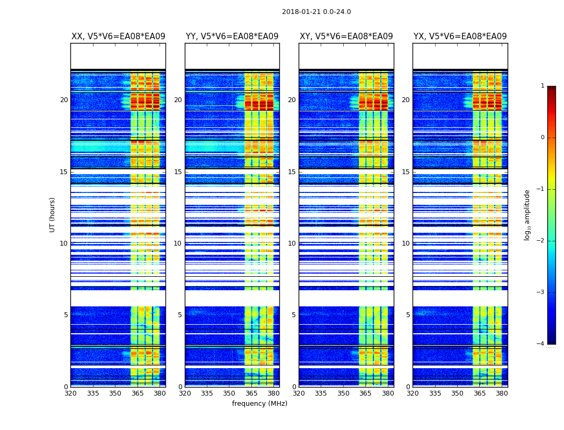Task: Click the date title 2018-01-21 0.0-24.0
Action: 316,12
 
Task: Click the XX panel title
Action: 118,37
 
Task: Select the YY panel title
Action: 232,37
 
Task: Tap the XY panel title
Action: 346,37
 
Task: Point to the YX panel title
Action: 460,37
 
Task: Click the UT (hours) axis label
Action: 53,214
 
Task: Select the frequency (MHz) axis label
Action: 259,404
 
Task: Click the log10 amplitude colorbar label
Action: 527,214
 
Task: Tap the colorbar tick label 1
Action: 542,86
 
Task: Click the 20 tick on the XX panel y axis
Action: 64,100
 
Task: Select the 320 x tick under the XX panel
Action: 70,393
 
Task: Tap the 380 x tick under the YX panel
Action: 502,393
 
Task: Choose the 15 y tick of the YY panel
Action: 178,172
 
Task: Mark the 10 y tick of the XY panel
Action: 292,243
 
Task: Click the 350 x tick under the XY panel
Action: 343,393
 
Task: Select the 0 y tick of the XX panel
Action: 66,387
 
